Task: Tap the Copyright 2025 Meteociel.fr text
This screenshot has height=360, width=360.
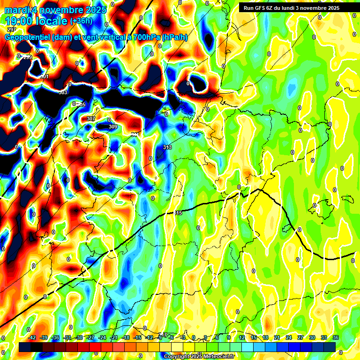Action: [x=199, y=356]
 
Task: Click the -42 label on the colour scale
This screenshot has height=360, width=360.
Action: [x=32, y=337]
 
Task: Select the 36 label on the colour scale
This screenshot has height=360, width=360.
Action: [x=336, y=337]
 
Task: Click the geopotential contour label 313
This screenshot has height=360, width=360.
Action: [x=167, y=148]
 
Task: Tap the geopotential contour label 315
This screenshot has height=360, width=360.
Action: [x=178, y=213]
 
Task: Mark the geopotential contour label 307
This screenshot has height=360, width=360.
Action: [x=91, y=119]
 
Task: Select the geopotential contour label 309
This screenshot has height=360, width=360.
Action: [x=112, y=127]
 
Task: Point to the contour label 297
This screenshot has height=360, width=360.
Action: [x=11, y=30]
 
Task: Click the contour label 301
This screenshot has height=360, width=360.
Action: [x=44, y=76]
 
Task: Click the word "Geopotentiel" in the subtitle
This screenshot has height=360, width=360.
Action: [x=28, y=37]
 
